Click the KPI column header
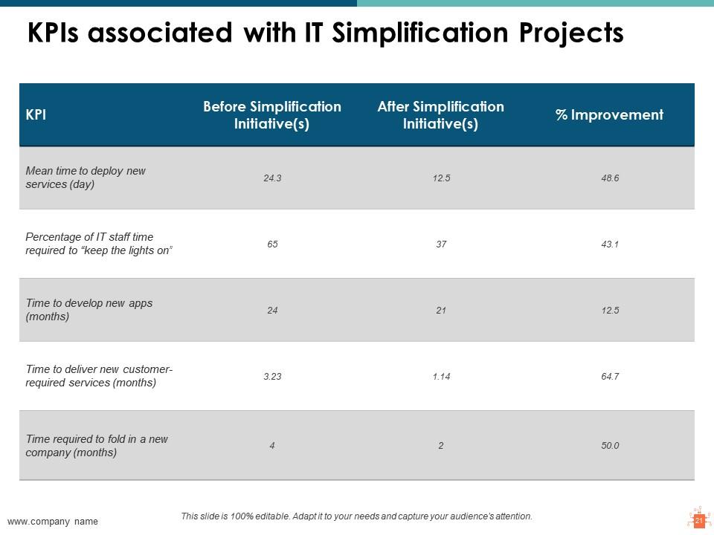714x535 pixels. (36, 114)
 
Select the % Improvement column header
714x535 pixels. (609, 114)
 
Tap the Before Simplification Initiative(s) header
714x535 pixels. (272, 114)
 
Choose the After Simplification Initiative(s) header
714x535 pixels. (440, 114)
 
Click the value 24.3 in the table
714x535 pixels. (272, 178)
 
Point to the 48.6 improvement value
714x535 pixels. (610, 178)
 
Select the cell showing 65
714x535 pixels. (272, 244)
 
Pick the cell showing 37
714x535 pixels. (441, 244)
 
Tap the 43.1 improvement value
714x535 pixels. (610, 244)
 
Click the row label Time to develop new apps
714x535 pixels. (89, 309)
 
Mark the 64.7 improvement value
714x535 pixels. (610, 376)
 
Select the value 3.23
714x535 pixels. (272, 376)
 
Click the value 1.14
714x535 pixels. (441, 376)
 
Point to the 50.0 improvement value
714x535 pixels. (610, 445)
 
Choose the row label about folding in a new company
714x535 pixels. (97, 445)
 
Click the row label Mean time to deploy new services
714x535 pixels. (86, 178)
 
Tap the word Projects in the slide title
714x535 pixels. (571, 33)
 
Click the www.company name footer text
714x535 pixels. (52, 522)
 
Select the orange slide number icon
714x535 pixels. (699, 519)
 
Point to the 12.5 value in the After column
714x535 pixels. (441, 178)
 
